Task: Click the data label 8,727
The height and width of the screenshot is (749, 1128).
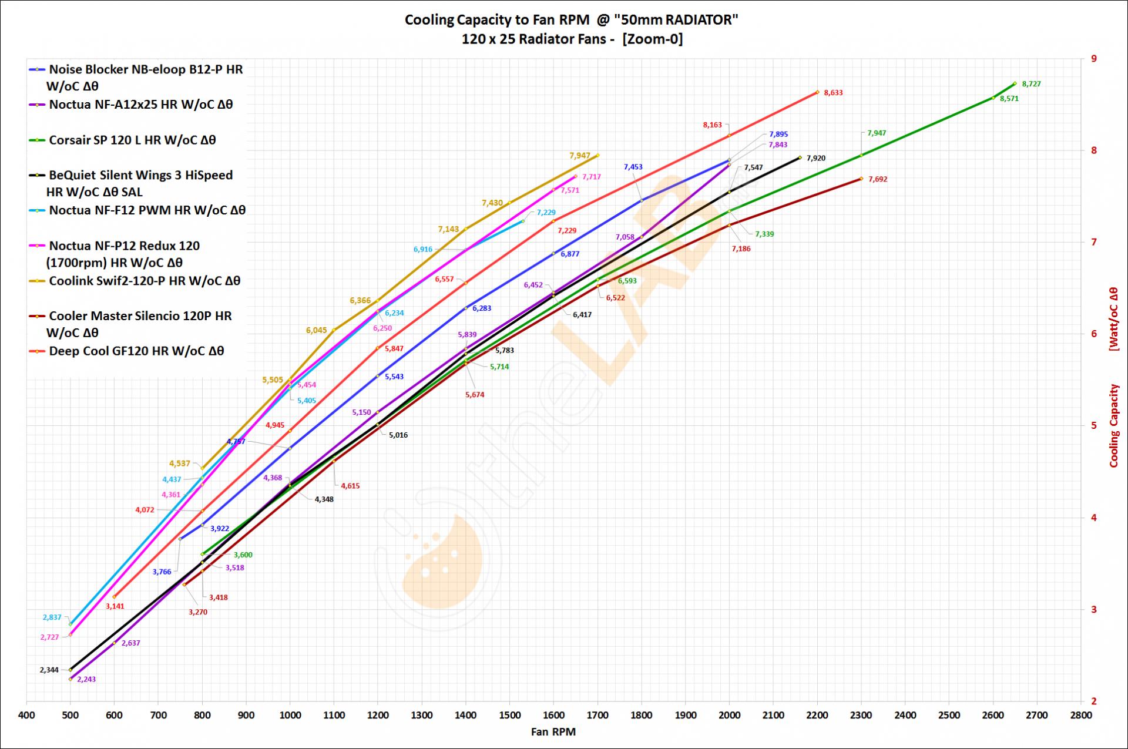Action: pos(1031,84)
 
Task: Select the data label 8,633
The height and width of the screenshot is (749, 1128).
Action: pos(833,93)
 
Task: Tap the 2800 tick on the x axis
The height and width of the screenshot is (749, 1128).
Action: pos(1081,715)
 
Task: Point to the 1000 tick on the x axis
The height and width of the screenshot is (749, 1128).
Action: pos(290,715)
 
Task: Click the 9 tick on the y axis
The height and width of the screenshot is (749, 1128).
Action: pos(1094,59)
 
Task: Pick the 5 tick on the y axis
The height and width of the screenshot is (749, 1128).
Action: pos(1094,425)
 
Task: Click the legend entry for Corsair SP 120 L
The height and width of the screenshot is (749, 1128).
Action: pos(132,140)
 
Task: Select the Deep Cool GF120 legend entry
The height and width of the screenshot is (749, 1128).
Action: pos(136,351)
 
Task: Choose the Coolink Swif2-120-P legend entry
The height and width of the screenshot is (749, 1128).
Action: pos(145,281)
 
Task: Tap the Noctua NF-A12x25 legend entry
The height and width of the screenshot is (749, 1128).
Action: pos(141,105)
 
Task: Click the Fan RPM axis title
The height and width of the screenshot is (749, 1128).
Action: pos(553,732)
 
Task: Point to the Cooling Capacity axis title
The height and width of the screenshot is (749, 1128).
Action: pos(1113,426)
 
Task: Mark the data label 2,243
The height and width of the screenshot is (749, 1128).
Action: pos(86,680)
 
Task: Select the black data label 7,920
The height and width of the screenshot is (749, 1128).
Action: pos(815,158)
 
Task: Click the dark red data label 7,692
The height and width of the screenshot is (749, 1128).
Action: pos(877,179)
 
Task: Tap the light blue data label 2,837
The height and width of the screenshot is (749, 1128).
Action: pos(52,617)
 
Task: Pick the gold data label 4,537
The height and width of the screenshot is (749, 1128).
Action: pos(179,463)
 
